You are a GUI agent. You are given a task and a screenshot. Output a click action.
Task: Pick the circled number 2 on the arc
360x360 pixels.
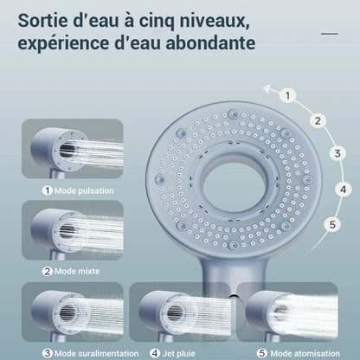(x=318, y=121)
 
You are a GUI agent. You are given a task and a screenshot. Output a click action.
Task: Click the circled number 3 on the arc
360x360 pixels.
(x=338, y=154)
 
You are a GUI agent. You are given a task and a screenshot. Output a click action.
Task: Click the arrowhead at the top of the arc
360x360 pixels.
(x=267, y=87)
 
